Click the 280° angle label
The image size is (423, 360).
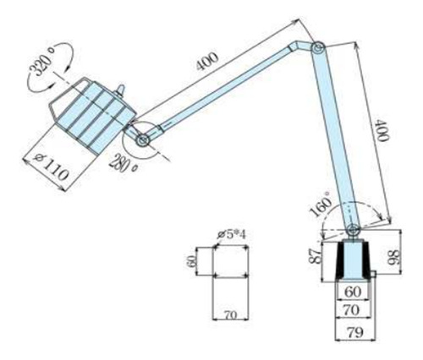point(124,165)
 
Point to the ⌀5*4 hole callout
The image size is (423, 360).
point(230,235)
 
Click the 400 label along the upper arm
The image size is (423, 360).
point(207,61)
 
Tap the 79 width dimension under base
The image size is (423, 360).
point(355,332)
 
